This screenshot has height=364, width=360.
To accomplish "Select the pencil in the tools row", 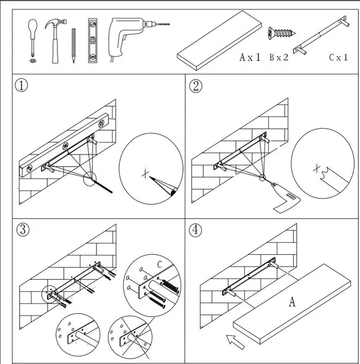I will click(72, 45).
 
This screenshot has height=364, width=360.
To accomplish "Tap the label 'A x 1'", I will click(251, 58).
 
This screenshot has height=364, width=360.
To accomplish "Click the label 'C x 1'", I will click(339, 58).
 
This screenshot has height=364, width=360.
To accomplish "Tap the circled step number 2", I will click(196, 86).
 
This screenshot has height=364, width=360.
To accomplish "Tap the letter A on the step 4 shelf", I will click(291, 301).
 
